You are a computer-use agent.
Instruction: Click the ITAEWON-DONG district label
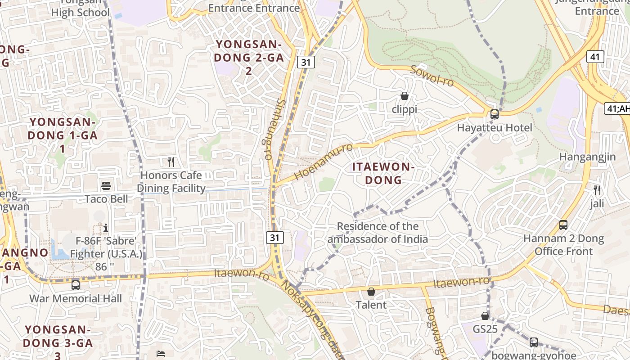[383, 173]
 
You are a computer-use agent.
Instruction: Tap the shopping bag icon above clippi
[405, 96]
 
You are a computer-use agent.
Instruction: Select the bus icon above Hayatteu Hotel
[495, 114]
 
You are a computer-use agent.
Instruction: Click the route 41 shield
[595, 57]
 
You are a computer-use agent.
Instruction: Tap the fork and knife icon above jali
[597, 190]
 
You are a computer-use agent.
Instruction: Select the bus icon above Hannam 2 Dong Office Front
[563, 225]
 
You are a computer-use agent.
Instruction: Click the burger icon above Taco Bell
[107, 185]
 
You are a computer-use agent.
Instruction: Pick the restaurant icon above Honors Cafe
[171, 162]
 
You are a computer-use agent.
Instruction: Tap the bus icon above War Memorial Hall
[76, 285]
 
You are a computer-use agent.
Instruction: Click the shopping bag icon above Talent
[371, 292]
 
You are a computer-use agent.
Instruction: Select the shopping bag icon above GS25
[485, 316]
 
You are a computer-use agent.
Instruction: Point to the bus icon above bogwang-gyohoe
[534, 342]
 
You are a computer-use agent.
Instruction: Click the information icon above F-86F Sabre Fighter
[106, 227]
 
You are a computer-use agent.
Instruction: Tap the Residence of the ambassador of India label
[378, 233]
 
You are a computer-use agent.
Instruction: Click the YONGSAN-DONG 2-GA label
[248, 57]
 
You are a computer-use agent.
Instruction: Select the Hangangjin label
[587, 157]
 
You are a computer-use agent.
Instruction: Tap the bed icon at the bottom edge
[161, 353]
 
